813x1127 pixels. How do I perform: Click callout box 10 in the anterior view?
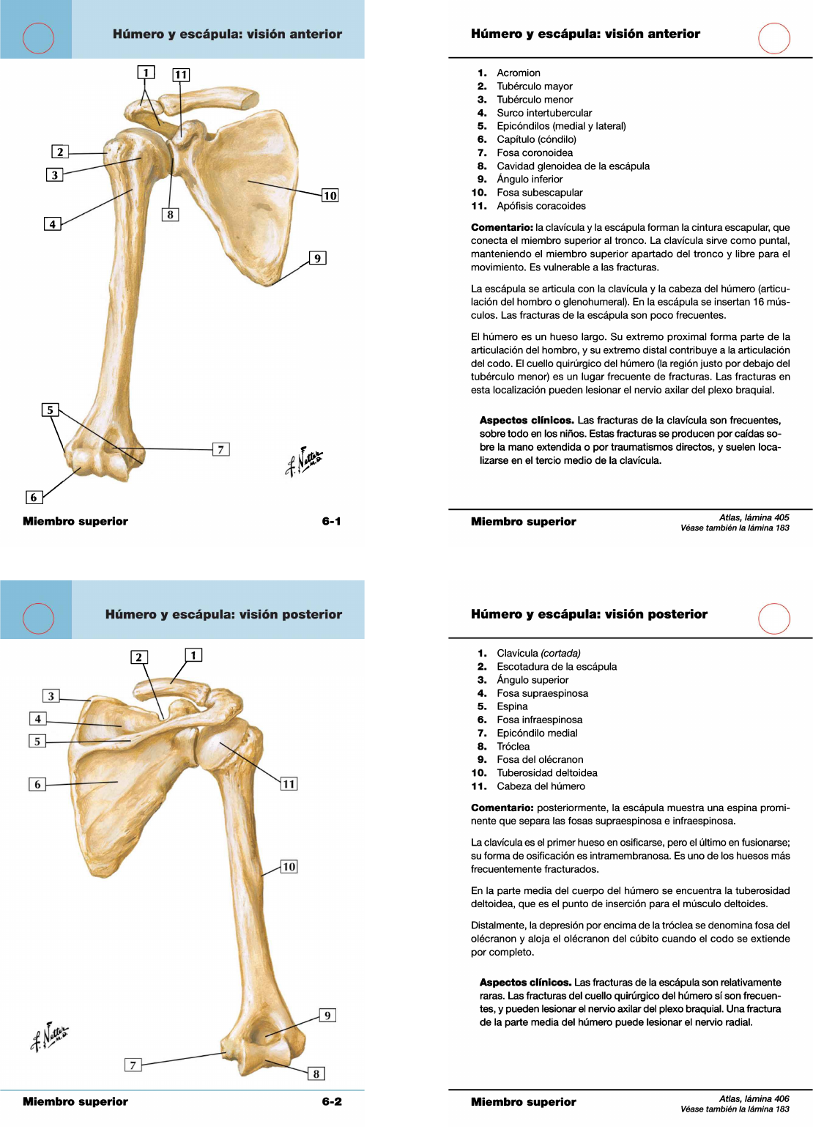[x=330, y=195]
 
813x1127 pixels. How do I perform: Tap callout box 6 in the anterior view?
[x=34, y=497]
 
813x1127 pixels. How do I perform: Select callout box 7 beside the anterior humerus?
[x=220, y=449]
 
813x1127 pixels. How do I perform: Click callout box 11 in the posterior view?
[x=289, y=783]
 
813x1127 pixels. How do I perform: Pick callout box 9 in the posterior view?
[x=327, y=1016]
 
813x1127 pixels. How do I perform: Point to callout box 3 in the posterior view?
[x=51, y=696]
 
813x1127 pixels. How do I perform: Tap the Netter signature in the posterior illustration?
[x=49, y=1037]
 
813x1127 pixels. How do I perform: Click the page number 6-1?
[x=331, y=521]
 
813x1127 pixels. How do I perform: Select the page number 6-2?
[x=332, y=1101]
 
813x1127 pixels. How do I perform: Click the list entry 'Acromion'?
[x=519, y=73]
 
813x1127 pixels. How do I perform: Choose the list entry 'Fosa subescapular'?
[x=540, y=193]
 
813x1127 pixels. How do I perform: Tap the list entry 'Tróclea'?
[x=513, y=746]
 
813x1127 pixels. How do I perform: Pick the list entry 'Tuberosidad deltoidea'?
[x=547, y=773]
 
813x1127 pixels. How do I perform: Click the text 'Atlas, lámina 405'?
[x=754, y=517]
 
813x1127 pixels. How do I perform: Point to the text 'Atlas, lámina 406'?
[x=754, y=1098]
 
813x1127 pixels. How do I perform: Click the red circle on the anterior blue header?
[x=38, y=38]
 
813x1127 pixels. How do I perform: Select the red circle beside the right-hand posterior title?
[x=773, y=618]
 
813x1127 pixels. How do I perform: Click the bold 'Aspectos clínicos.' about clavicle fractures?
[x=527, y=420]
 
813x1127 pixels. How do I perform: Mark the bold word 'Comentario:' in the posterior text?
[x=502, y=808]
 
